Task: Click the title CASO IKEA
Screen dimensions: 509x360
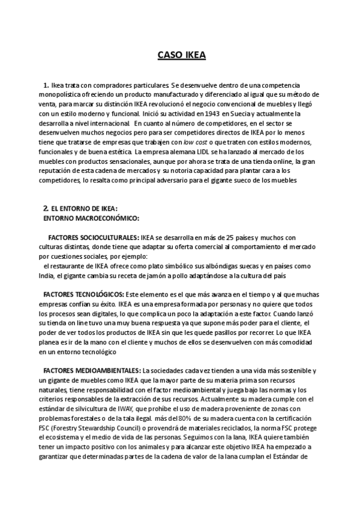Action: [181, 56]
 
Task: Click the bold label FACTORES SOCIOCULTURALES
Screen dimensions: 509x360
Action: [93, 238]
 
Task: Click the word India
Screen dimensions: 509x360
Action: [47, 276]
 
